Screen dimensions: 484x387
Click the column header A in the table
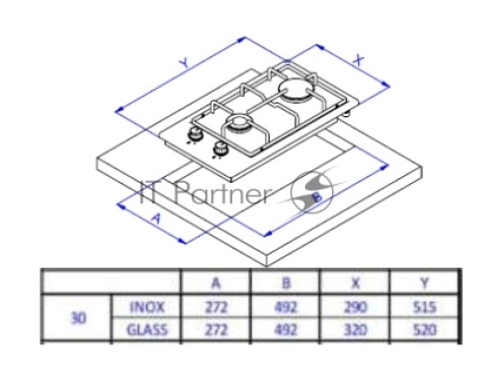(x=216, y=283)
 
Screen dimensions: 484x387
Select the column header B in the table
(x=286, y=283)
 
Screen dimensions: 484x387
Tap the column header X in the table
(x=355, y=283)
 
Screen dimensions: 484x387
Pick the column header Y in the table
(x=425, y=283)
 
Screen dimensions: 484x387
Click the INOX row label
(x=147, y=307)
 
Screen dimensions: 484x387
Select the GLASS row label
(x=147, y=330)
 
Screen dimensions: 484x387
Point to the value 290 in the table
(x=355, y=307)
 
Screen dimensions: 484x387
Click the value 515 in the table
(x=425, y=307)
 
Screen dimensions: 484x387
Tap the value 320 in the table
(x=355, y=330)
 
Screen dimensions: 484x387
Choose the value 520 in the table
(x=425, y=330)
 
